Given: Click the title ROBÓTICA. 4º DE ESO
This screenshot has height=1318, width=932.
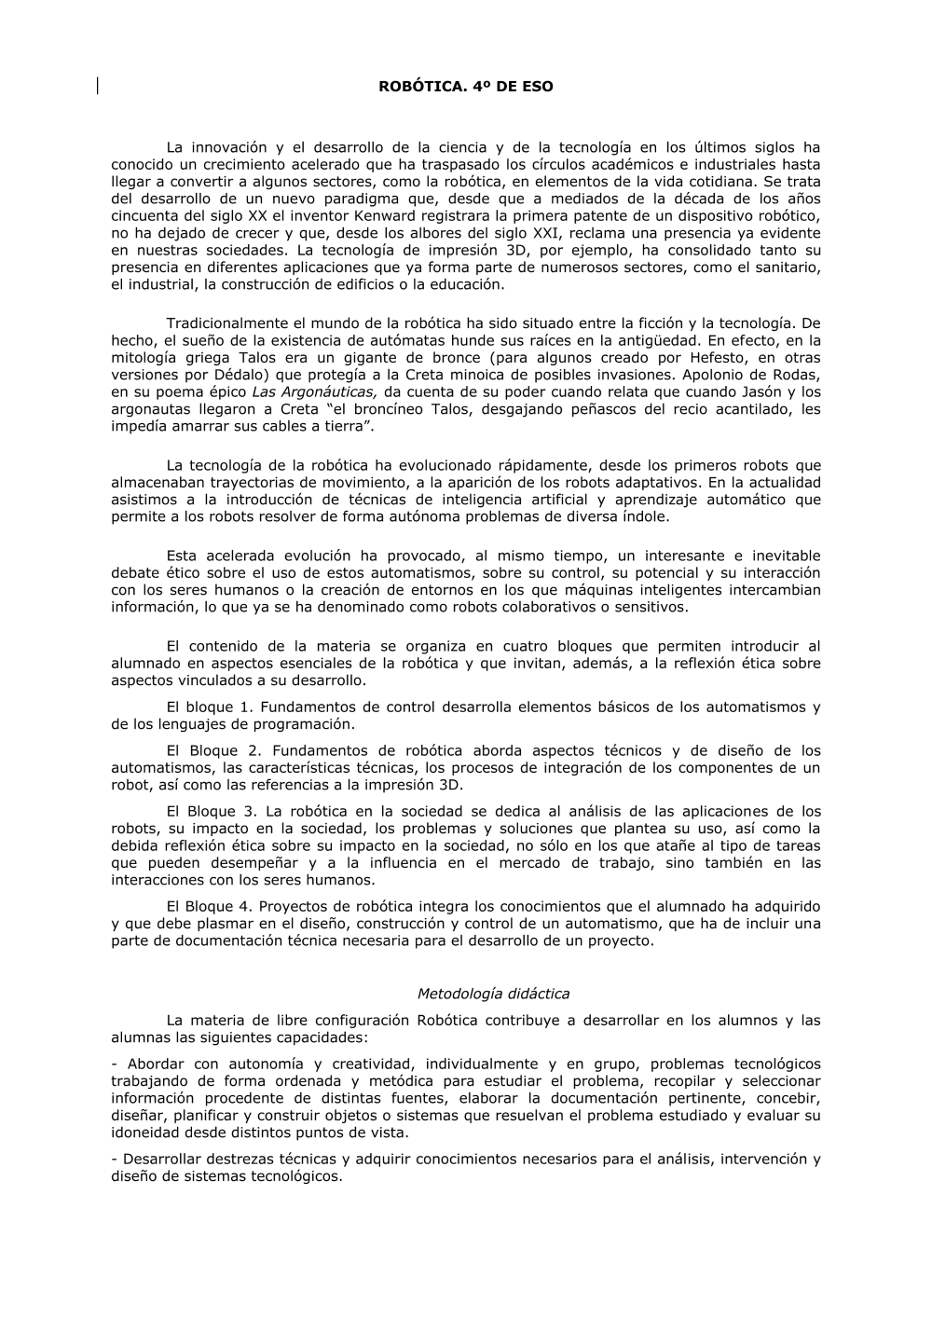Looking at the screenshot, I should [x=465, y=87].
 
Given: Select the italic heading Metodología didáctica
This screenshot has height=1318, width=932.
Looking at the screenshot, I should [x=493, y=994].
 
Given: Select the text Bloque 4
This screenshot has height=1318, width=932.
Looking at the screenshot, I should [x=221, y=906].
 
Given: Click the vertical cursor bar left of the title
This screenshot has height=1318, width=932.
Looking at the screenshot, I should [x=97, y=86].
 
